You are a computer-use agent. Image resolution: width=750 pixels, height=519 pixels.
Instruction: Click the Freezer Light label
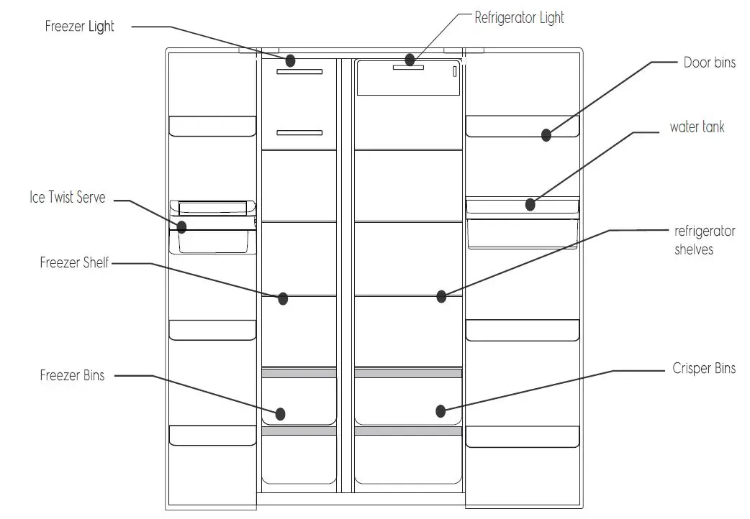coord(80,27)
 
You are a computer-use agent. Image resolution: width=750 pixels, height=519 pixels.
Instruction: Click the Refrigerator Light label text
coord(519,17)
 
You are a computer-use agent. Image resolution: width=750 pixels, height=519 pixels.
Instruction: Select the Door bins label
coord(709,63)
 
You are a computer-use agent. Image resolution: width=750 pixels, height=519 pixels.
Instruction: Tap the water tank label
coord(697,127)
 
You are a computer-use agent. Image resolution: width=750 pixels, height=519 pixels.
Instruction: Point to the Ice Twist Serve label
coord(67,198)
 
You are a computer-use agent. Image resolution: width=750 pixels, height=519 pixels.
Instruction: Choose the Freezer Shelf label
coord(74,263)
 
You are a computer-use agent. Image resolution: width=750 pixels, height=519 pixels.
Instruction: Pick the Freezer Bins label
coord(72,375)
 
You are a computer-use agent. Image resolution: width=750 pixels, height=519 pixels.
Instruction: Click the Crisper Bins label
coord(704,368)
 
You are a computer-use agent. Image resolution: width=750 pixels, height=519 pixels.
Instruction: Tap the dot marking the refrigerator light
coord(410,60)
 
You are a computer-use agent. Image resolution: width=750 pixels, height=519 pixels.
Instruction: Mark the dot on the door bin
coord(546,134)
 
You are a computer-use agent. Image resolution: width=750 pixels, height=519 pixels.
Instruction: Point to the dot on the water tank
coord(530,204)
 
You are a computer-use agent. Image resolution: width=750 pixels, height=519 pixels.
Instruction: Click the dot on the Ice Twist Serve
coord(181,226)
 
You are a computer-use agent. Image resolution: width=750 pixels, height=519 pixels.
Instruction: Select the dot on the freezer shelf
coord(283,298)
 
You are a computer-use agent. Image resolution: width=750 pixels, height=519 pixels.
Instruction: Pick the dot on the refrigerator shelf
coord(441,295)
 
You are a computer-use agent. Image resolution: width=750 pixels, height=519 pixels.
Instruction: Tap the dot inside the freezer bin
coord(281,413)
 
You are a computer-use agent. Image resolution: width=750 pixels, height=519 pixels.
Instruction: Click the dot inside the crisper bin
coord(440,411)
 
